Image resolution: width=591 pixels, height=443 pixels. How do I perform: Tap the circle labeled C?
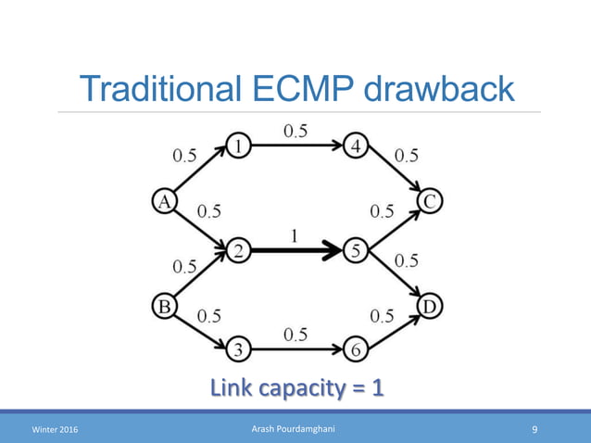tap(429, 200)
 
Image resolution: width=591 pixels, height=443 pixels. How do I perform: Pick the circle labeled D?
tap(429, 305)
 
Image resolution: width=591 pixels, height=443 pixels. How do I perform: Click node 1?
tap(238, 146)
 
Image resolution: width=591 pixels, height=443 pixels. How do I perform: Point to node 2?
tap(238, 250)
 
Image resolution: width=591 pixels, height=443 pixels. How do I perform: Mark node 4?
tap(356, 146)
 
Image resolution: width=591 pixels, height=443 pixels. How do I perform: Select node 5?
tap(356, 250)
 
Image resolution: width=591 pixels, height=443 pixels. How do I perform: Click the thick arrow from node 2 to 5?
tap(296, 250)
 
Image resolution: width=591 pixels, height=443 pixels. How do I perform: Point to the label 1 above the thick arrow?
tap(295, 235)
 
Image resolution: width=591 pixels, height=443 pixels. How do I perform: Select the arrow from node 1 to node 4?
tap(296, 146)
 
